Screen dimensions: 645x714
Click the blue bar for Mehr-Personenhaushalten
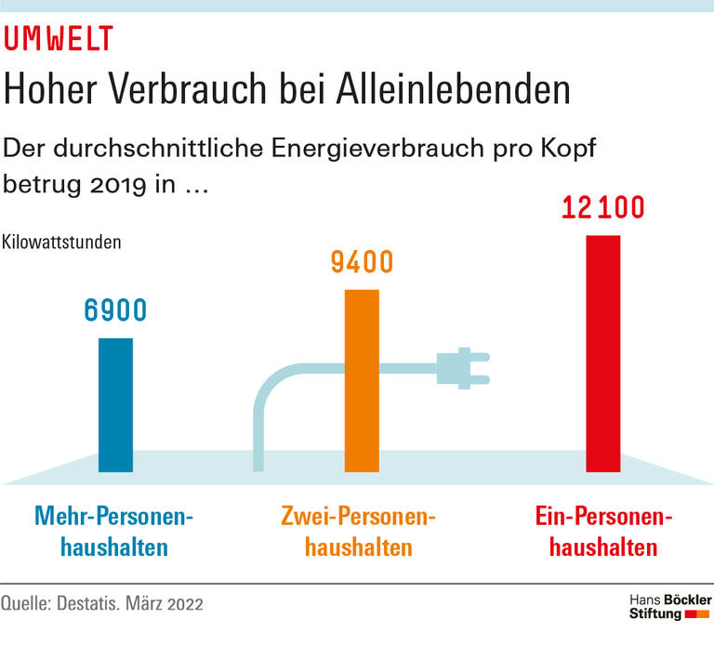[x=116, y=404]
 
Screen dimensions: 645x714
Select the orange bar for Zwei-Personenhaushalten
[x=362, y=381]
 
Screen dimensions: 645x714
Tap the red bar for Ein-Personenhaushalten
[x=602, y=353]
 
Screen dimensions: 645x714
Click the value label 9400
[x=362, y=263]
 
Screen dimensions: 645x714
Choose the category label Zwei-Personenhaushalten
[x=359, y=531]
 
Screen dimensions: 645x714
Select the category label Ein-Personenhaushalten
[x=602, y=531]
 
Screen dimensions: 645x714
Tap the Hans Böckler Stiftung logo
[x=664, y=605]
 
